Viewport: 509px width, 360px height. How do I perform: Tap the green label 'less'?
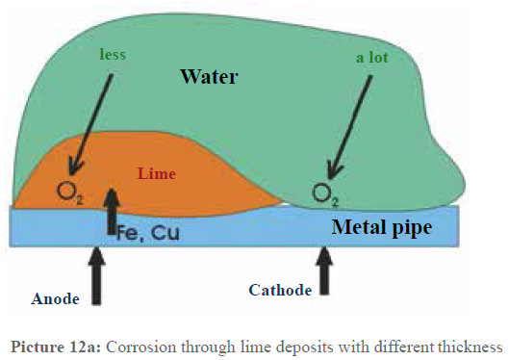(x=113, y=55)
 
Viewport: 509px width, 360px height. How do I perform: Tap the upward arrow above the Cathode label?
(x=326, y=270)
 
